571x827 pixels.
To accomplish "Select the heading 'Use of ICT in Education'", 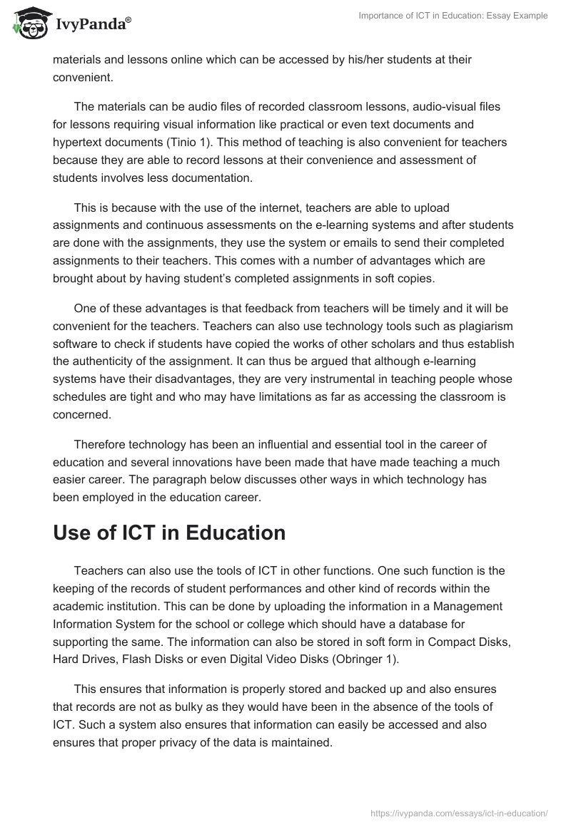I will tap(169, 533).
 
